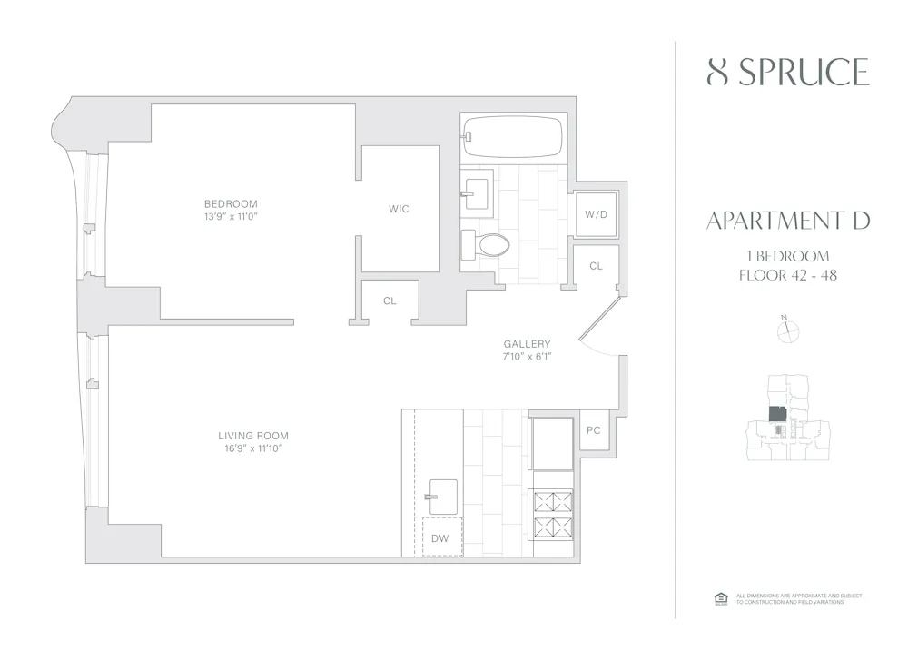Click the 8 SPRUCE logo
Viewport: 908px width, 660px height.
787,72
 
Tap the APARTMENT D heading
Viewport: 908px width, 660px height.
787,221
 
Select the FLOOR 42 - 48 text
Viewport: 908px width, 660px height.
787,274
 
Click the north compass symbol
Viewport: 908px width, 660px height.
787,331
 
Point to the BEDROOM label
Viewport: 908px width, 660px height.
231,203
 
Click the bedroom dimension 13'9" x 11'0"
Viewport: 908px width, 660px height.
231,216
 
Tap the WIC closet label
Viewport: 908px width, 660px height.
399,209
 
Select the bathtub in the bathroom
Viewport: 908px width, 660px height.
511,137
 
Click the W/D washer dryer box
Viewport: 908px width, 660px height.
596,214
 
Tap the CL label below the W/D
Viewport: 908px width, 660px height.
596,266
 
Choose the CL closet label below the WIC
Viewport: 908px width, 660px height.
390,300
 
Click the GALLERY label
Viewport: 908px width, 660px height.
528,344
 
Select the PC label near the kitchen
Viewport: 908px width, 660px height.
594,429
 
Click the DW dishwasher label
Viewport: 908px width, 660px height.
440,538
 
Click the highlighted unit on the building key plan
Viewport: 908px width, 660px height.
778,414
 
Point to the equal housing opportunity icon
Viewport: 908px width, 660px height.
721,598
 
